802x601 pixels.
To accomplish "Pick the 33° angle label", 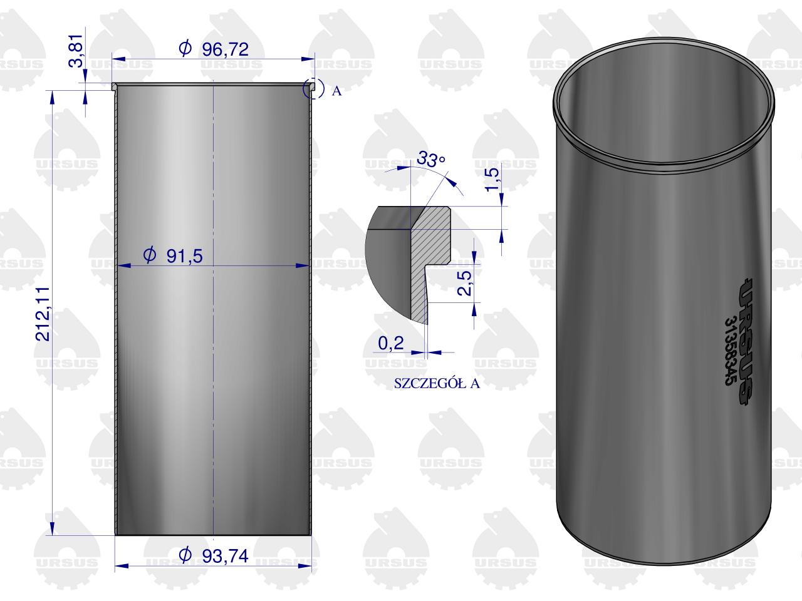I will point(431,160).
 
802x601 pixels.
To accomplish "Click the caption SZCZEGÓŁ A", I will point(437,384).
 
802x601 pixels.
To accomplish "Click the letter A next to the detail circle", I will point(336,91).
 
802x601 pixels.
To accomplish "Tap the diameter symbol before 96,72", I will point(185,49).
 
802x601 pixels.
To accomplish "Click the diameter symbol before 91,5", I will point(149,255).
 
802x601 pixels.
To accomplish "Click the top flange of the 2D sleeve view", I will point(213,86).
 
